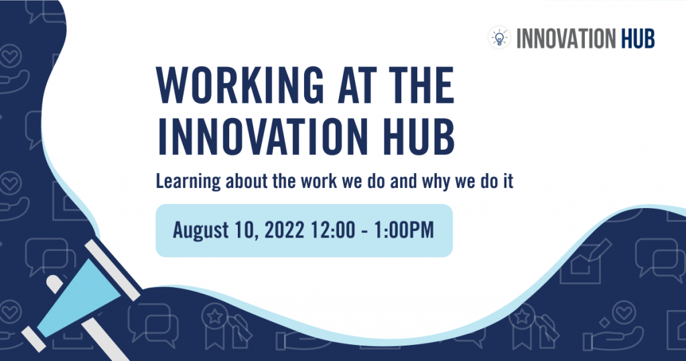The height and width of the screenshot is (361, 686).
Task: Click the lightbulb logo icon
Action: [499, 38]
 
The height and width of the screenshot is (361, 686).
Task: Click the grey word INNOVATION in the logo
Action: [567, 38]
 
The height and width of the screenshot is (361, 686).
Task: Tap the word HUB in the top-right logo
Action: [638, 38]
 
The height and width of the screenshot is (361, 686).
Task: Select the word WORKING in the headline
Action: [240, 85]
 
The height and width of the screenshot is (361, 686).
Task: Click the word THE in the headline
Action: [421, 85]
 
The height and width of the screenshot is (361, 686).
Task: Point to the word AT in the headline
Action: [356, 85]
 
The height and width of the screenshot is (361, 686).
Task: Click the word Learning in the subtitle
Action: [188, 182]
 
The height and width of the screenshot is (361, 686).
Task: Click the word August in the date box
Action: [200, 230]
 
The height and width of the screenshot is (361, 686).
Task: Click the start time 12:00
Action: [332, 230]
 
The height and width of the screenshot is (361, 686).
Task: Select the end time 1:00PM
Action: [403, 230]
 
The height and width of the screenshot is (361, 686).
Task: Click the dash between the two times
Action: [364, 231]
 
